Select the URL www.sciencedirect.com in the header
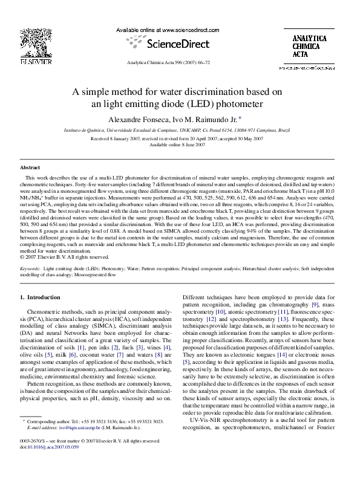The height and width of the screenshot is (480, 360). click(x=182, y=30)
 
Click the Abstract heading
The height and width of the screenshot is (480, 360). click(x=30, y=166)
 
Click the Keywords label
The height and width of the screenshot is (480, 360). click(x=30, y=267)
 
